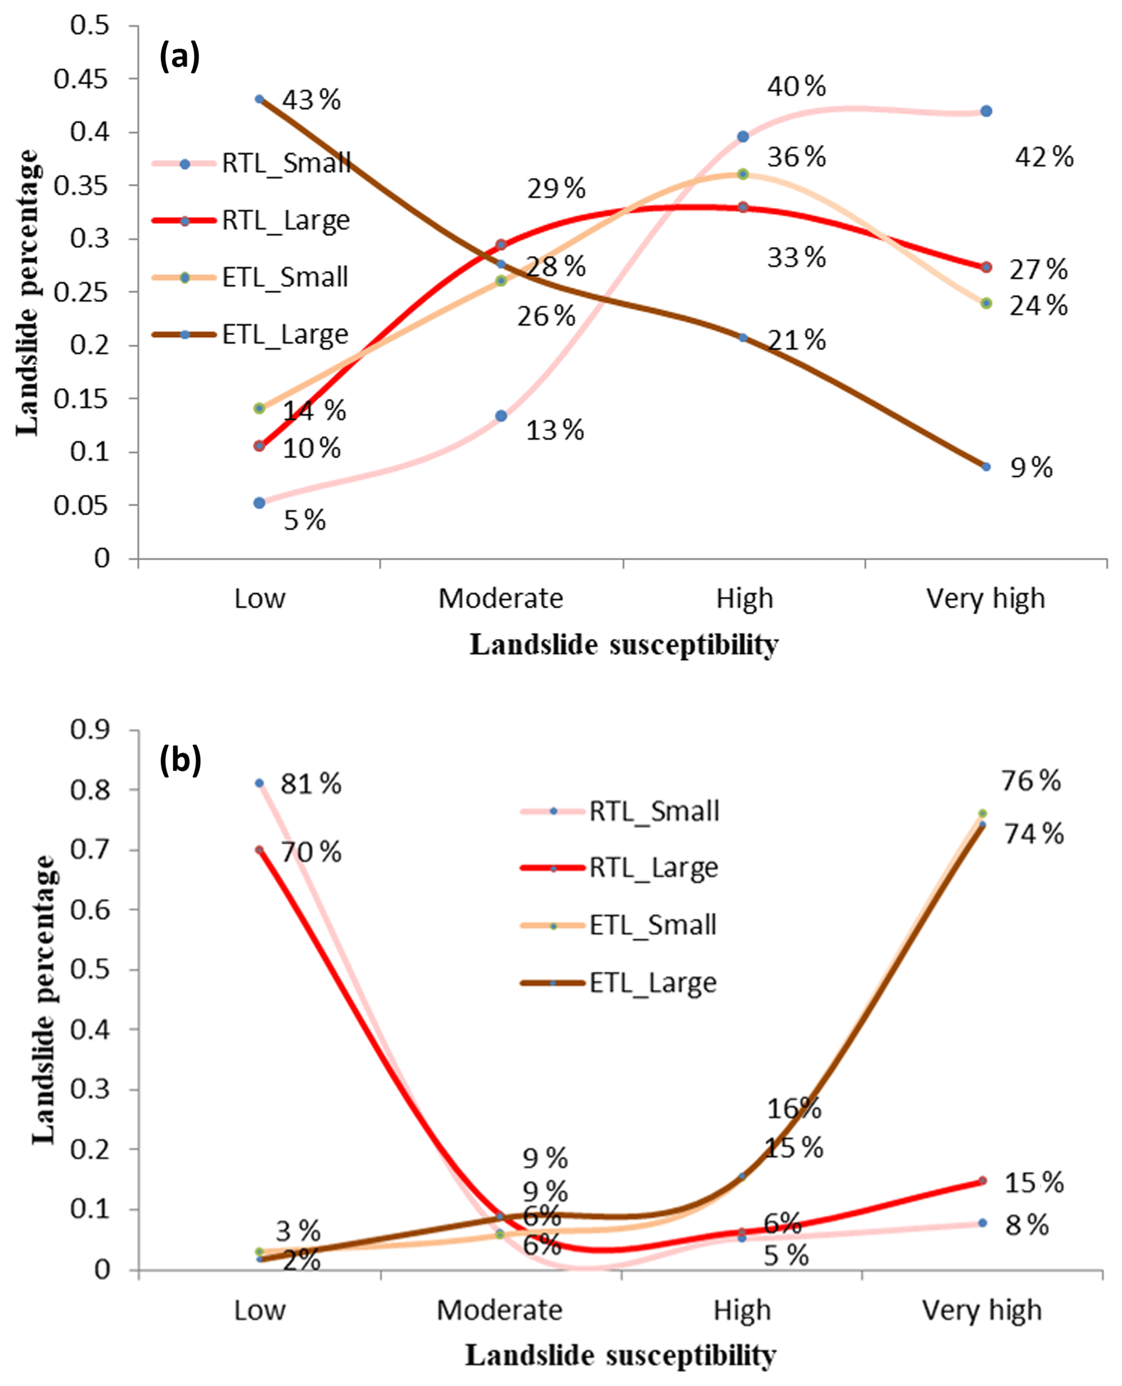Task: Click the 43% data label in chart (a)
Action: pos(312,100)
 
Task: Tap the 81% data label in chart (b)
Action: pos(311,784)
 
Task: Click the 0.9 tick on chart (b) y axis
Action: pos(90,730)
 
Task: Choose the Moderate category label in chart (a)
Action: pos(501,599)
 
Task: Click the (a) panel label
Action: pos(180,57)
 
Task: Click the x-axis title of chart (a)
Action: pos(624,644)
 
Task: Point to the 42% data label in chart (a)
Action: pos(1044,157)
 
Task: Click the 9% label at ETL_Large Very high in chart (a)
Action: pos(1031,468)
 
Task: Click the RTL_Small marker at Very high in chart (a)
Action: pos(986,111)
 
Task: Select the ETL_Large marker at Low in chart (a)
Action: pos(259,99)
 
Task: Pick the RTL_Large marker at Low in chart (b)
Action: pos(259,850)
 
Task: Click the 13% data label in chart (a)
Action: pos(555,430)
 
